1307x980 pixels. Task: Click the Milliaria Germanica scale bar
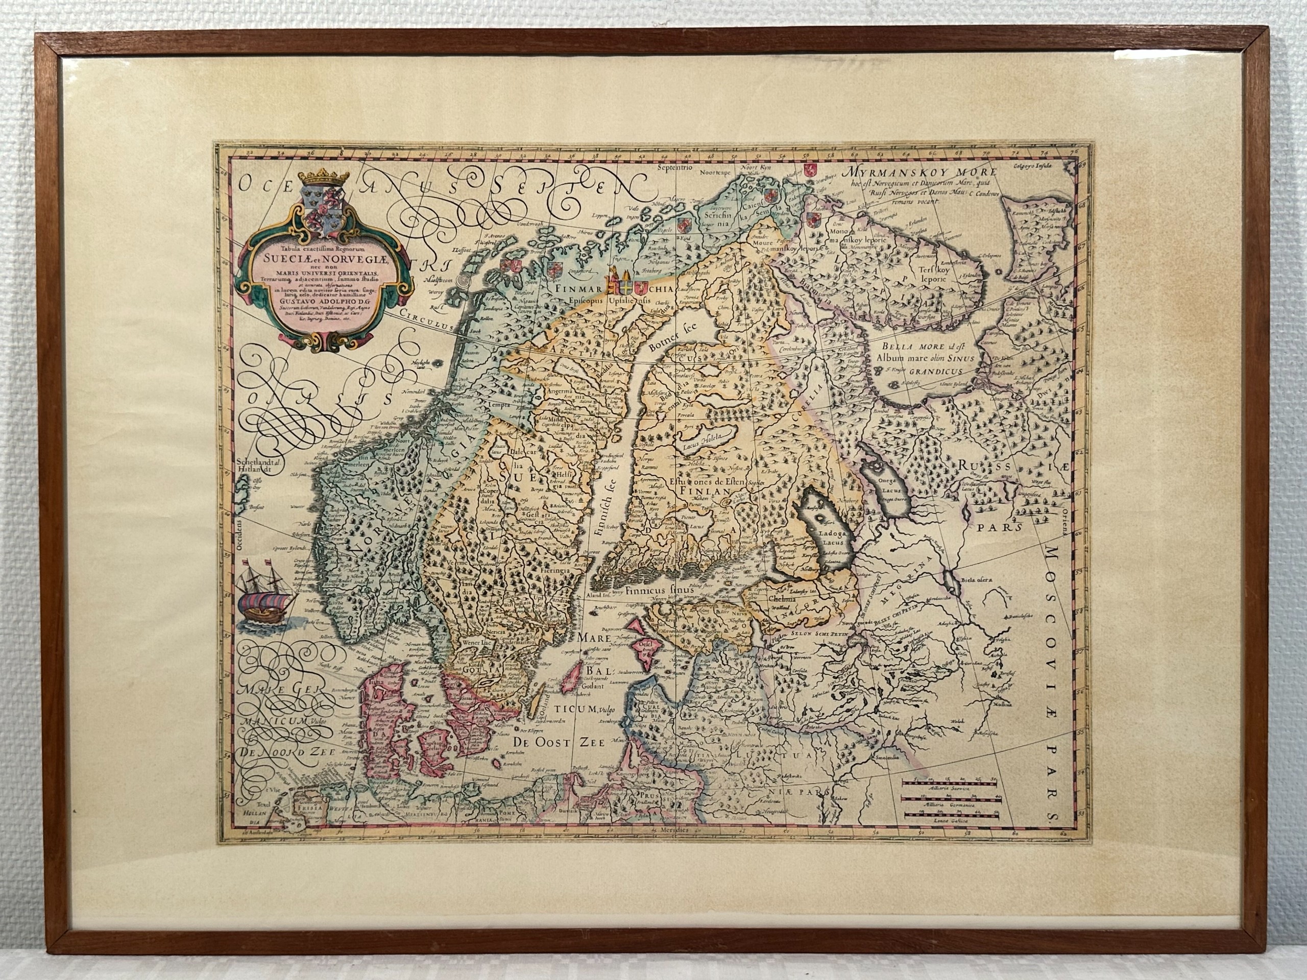click(950, 806)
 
